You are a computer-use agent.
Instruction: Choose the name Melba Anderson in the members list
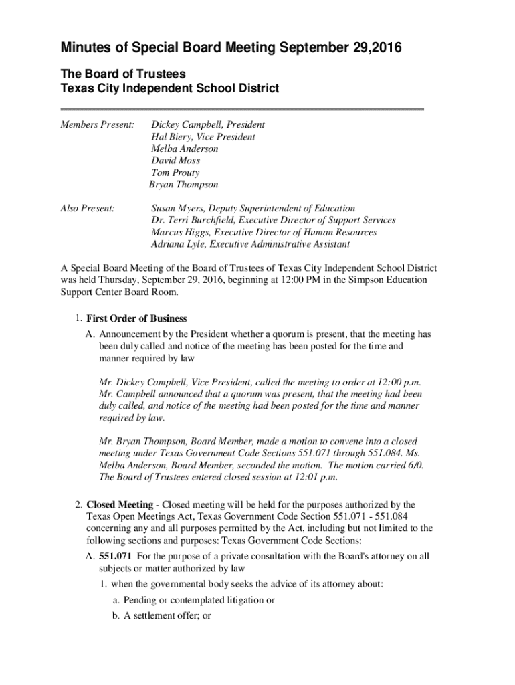pyautogui.click(x=185, y=149)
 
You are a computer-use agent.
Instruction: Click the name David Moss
pyautogui.click(x=175, y=161)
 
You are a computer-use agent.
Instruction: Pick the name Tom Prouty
pyautogui.click(x=175, y=173)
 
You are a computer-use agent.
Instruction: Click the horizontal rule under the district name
pyautogui.click(x=242, y=108)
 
